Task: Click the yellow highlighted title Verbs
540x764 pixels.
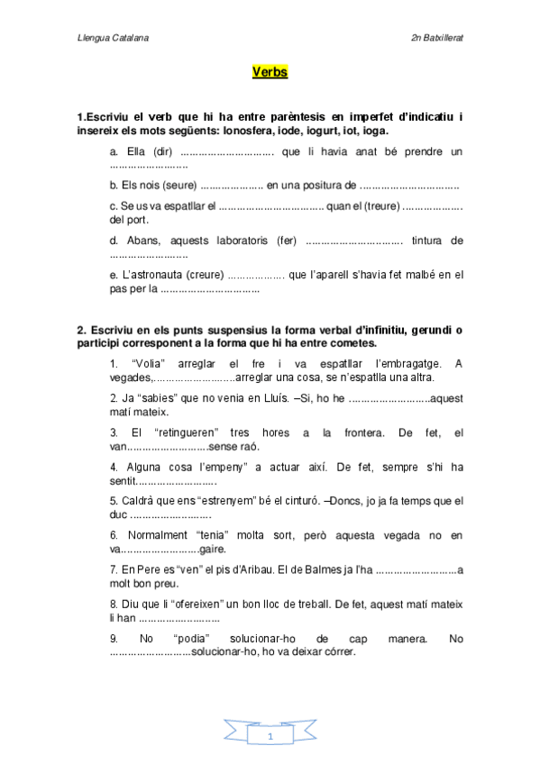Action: pos(270,71)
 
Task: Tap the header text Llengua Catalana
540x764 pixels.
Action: pos(114,39)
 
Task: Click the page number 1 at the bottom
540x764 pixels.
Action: pos(270,738)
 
